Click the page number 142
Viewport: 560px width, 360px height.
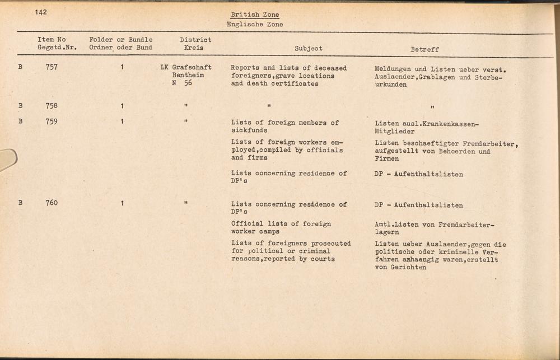click(x=40, y=12)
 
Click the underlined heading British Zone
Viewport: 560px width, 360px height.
click(x=255, y=15)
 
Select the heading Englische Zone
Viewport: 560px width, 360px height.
click(x=255, y=25)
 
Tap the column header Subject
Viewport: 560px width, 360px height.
click(x=309, y=49)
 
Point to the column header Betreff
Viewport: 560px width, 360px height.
click(x=424, y=49)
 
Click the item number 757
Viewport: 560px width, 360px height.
click(x=52, y=68)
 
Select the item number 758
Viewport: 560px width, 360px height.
click(x=52, y=105)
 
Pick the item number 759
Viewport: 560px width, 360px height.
click(x=52, y=121)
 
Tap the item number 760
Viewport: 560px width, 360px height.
click(x=52, y=203)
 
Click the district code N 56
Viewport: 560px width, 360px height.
click(x=182, y=83)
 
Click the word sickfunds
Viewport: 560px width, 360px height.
click(x=249, y=130)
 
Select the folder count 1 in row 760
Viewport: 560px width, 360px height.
click(x=122, y=203)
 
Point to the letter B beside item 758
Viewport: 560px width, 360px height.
click(x=21, y=105)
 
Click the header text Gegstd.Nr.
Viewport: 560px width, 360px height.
click(x=57, y=48)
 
